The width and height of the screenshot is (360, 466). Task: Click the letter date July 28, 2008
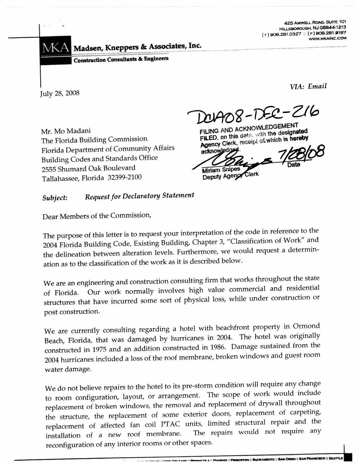click(60, 93)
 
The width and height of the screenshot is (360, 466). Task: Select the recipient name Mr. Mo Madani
click(66, 131)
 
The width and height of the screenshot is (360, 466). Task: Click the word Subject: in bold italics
click(55, 198)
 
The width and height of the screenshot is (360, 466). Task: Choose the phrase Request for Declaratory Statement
click(139, 196)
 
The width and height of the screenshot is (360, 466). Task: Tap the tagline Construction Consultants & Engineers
click(121, 59)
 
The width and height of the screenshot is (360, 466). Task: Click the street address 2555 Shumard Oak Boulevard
click(88, 168)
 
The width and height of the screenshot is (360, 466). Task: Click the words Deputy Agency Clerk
click(230, 176)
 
